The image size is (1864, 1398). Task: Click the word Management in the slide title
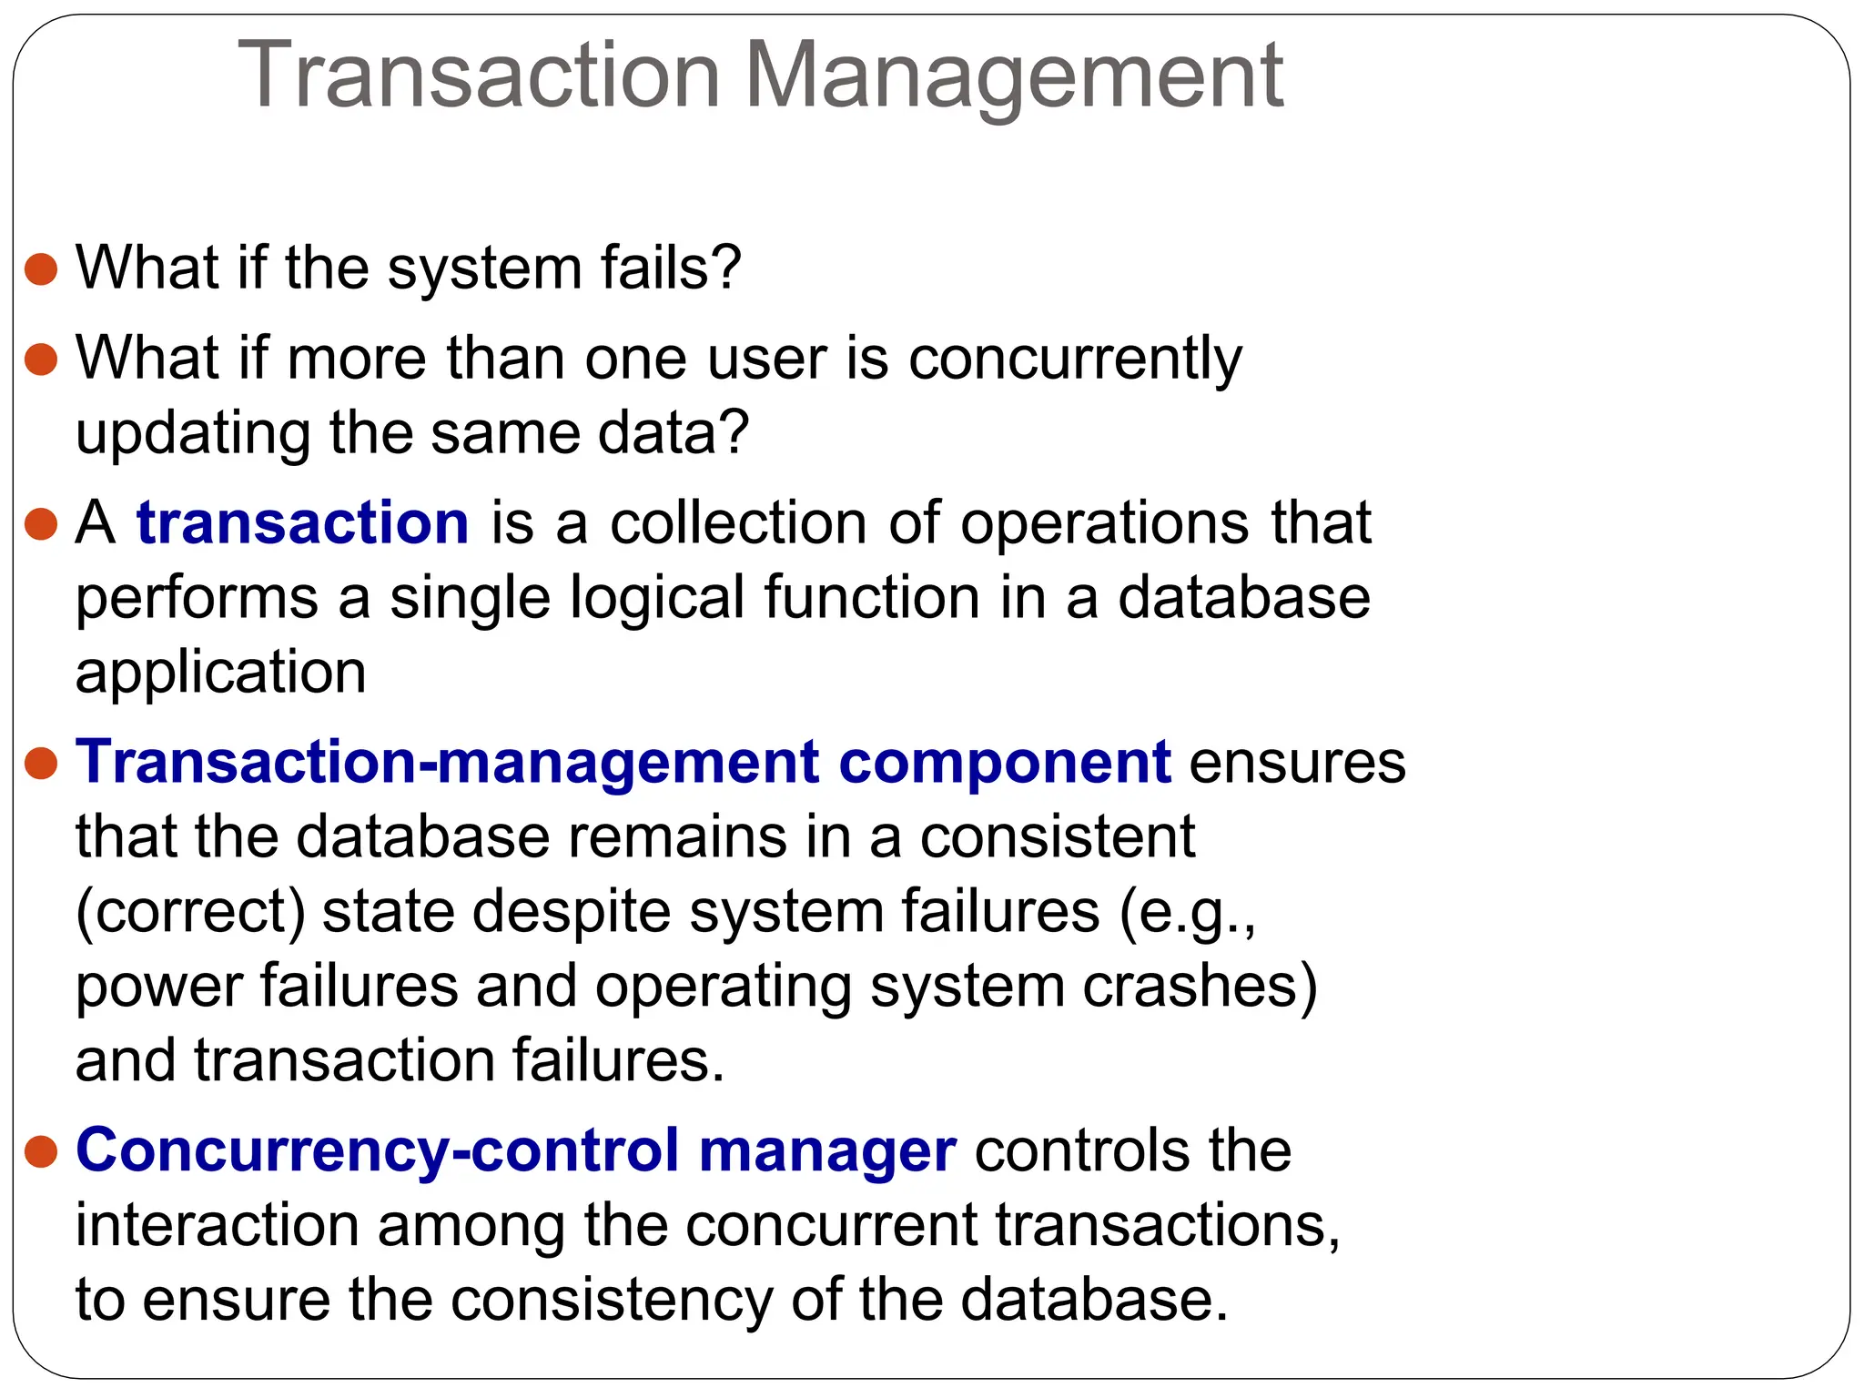point(1014,77)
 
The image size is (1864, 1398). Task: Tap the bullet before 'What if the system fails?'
point(42,269)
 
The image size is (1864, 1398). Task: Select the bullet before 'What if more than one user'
point(42,359)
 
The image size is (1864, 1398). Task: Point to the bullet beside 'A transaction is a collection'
point(42,524)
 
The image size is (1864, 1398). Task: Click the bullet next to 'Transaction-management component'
point(42,763)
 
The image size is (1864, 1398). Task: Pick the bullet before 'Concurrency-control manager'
point(42,1151)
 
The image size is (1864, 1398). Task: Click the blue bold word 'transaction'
point(302,523)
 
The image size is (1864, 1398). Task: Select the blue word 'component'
point(1004,763)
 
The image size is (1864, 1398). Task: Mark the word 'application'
point(220,674)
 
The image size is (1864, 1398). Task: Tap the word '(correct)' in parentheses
point(190,913)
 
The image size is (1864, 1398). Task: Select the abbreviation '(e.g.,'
point(1186,913)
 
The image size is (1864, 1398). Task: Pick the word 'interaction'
point(217,1225)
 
